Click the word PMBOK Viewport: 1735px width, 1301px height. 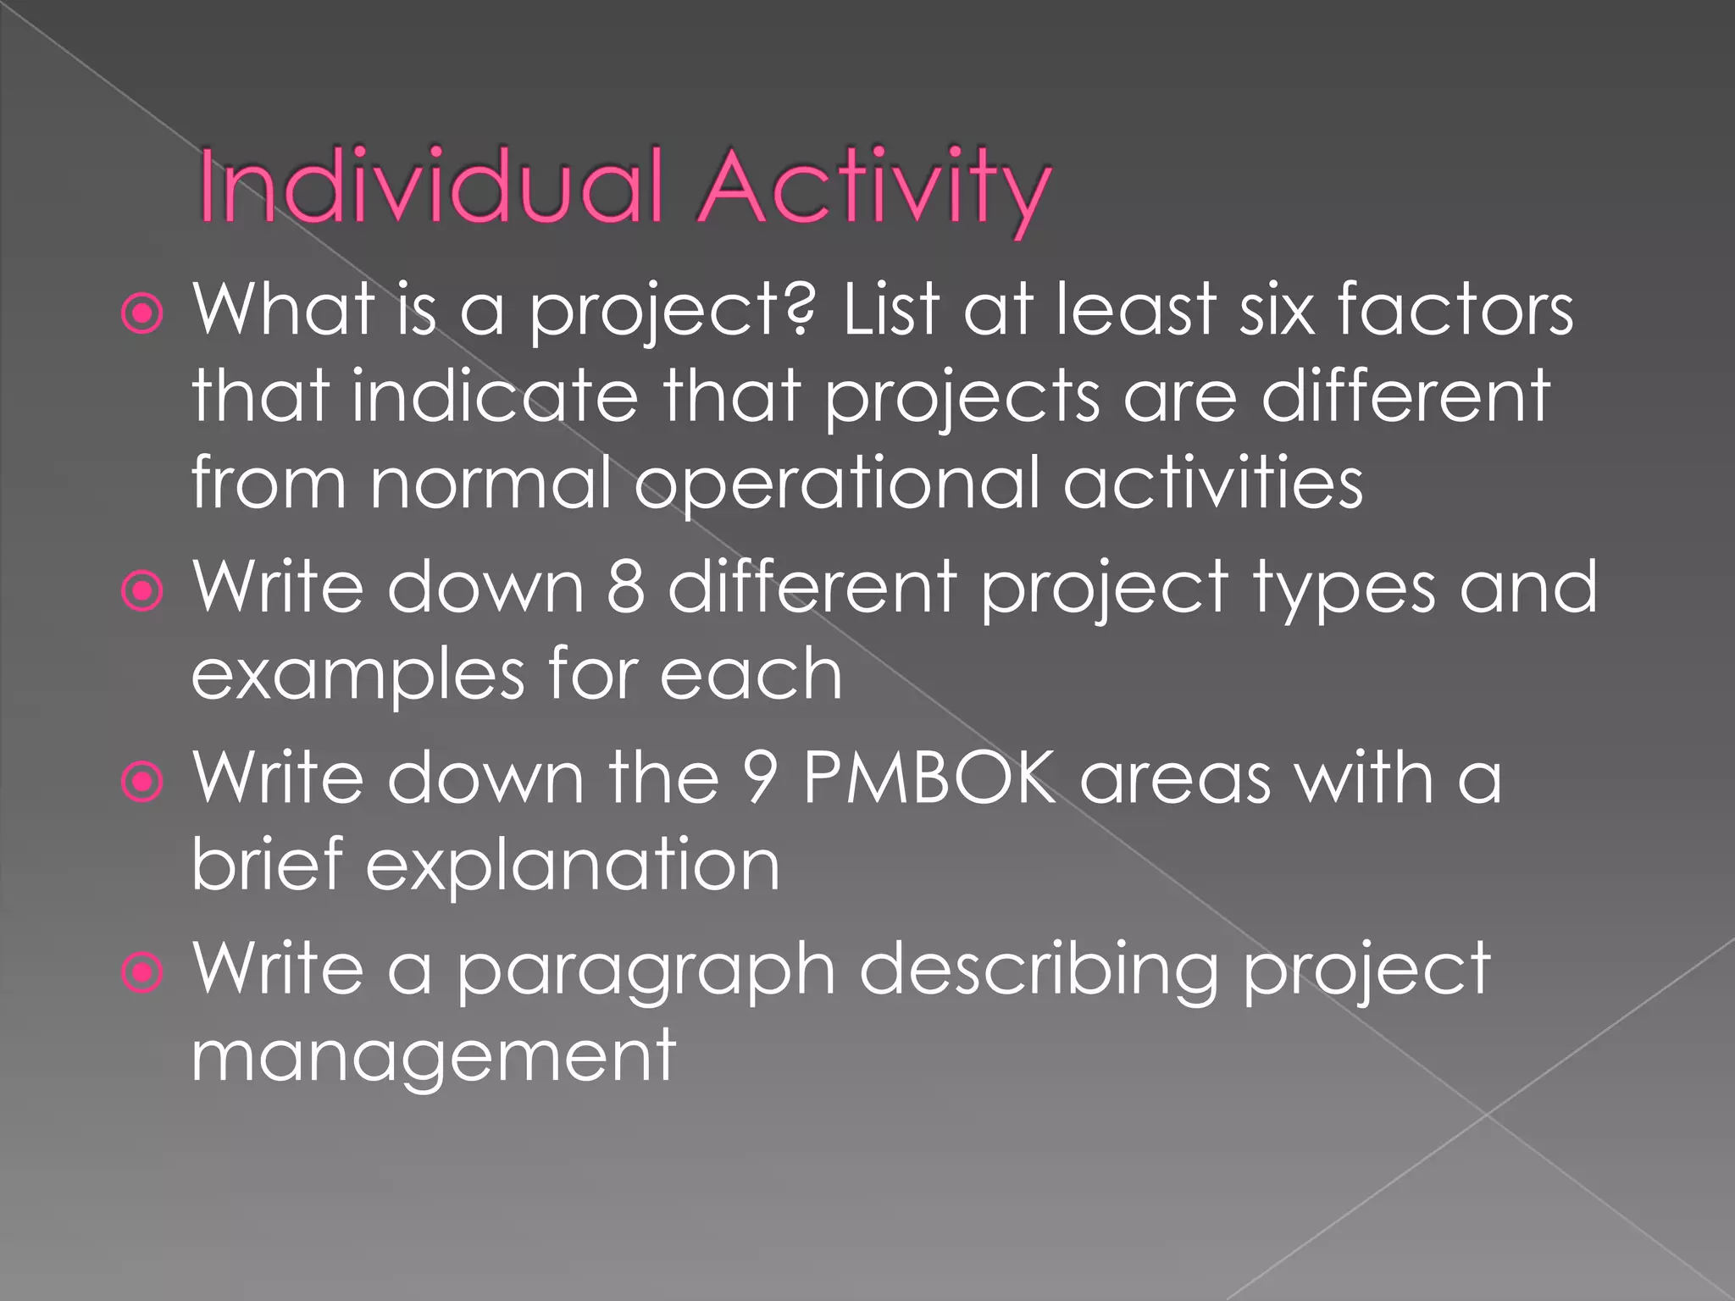pyautogui.click(x=928, y=778)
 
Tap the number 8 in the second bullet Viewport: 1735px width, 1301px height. pyautogui.click(x=625, y=587)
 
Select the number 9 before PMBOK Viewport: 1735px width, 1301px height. pyautogui.click(x=760, y=778)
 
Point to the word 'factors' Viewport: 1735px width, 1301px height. pyautogui.click(x=1455, y=310)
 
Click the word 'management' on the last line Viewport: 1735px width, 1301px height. pyautogui.click(x=434, y=1056)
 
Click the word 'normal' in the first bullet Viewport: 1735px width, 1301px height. pyautogui.click(x=491, y=483)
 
